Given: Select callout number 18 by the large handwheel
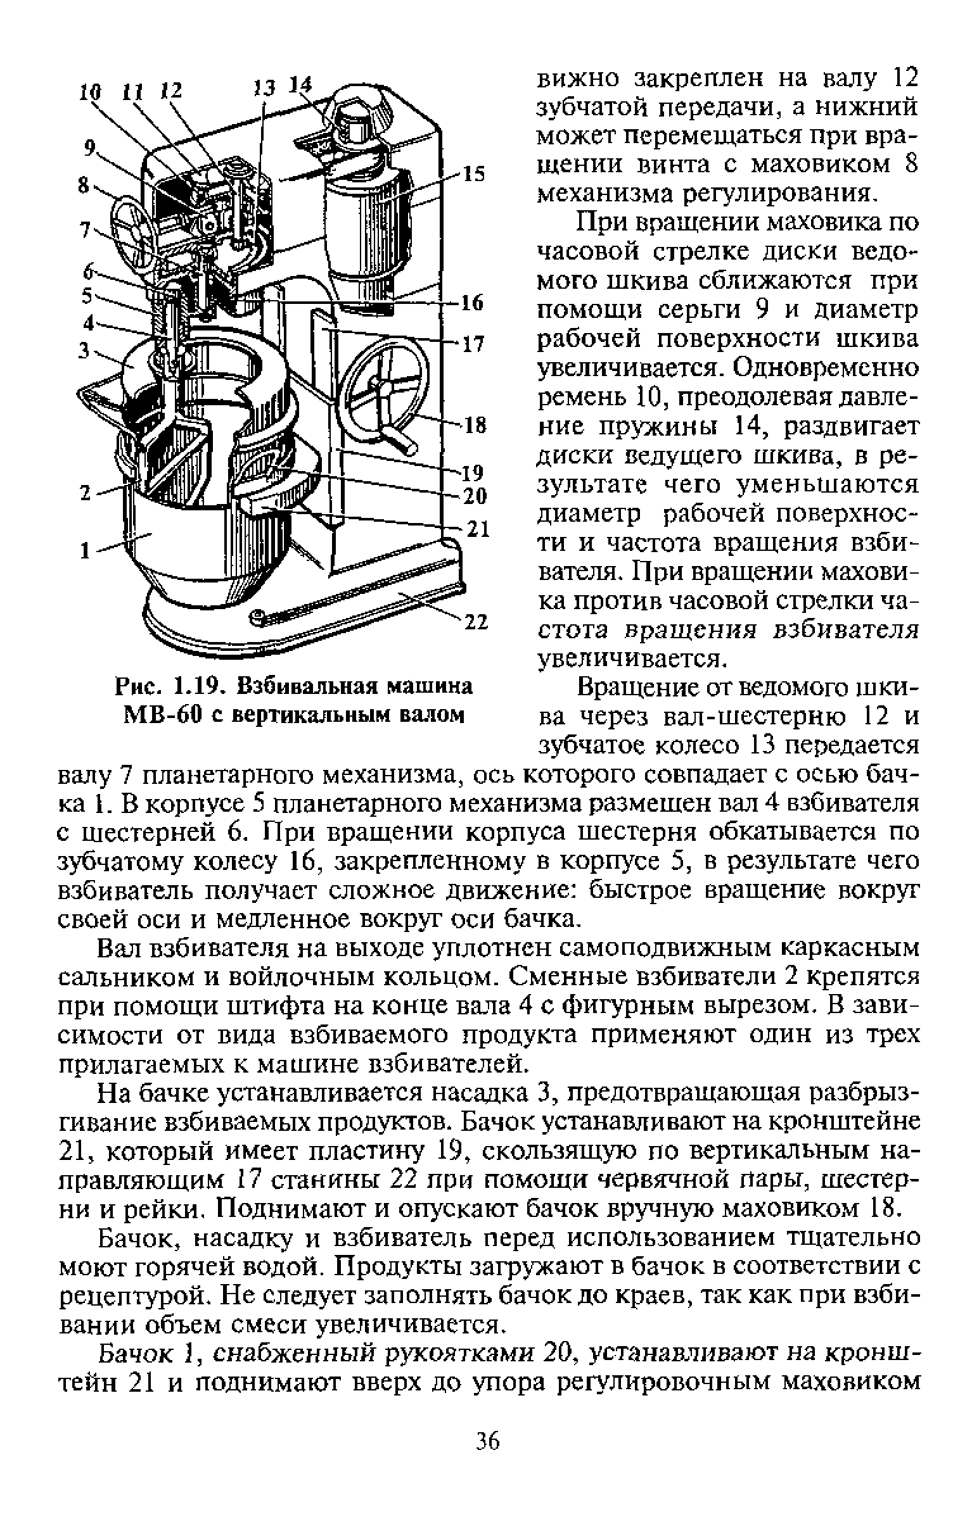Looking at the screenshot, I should pyautogui.click(x=475, y=424).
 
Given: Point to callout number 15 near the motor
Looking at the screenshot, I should pyautogui.click(x=473, y=173).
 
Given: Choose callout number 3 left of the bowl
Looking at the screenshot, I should pyautogui.click(x=84, y=350).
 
